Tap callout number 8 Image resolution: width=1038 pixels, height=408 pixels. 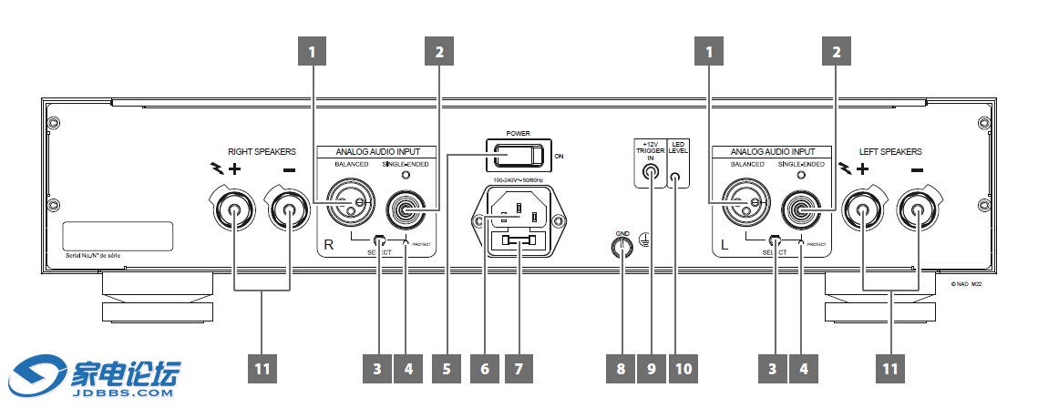pos(621,370)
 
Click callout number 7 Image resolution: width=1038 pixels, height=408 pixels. pos(519,370)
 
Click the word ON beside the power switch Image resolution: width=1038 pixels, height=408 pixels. pos(560,158)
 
